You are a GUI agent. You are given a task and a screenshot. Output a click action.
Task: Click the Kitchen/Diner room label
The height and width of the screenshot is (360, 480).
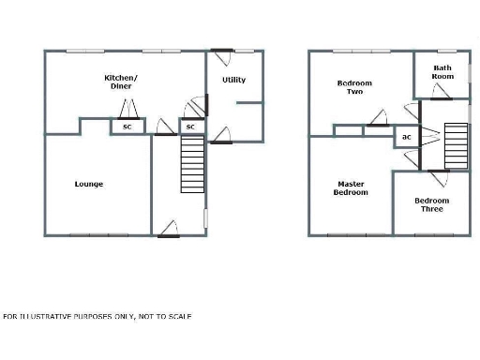point(120,81)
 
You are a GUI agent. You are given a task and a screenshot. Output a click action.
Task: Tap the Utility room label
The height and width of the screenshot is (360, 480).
point(233,80)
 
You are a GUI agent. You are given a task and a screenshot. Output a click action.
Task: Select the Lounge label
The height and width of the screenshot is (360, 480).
point(89,184)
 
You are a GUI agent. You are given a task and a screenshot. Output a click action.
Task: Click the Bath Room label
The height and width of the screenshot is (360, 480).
point(442,72)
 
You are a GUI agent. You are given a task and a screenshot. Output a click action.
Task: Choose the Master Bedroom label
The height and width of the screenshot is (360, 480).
point(351,187)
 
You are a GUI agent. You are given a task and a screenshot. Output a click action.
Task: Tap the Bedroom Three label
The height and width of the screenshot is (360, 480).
point(432,204)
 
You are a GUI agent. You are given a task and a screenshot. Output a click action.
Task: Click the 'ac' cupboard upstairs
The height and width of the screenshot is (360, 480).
point(406,137)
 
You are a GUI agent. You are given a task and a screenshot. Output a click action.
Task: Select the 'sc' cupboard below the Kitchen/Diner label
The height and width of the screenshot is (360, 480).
point(127,126)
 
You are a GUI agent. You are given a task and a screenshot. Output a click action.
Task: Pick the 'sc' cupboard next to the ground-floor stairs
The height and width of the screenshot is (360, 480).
point(189,126)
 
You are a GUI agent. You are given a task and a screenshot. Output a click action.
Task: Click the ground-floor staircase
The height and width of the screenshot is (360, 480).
point(191,164)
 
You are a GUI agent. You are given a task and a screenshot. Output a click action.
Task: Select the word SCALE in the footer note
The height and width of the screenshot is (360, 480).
point(180,316)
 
